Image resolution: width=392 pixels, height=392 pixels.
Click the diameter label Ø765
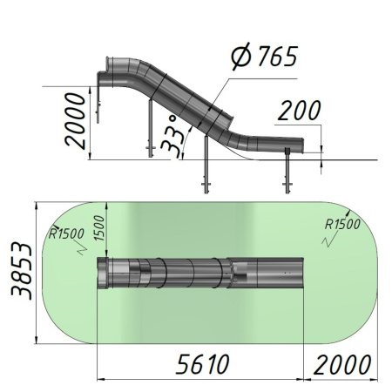click(x=264, y=57)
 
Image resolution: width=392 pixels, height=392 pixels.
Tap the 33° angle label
click(x=172, y=137)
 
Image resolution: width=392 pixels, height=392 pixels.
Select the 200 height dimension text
click(x=300, y=111)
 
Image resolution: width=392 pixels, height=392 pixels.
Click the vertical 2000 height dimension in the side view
click(x=75, y=121)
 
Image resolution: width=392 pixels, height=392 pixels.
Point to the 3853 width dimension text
click(x=22, y=272)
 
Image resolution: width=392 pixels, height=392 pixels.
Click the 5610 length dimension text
click(x=203, y=364)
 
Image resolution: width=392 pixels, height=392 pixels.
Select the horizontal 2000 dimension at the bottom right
click(x=342, y=364)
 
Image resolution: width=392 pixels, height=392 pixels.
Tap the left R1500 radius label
click(x=66, y=234)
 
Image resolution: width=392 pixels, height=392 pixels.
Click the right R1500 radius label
click(x=342, y=224)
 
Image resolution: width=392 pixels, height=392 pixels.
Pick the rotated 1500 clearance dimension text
click(x=100, y=228)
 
